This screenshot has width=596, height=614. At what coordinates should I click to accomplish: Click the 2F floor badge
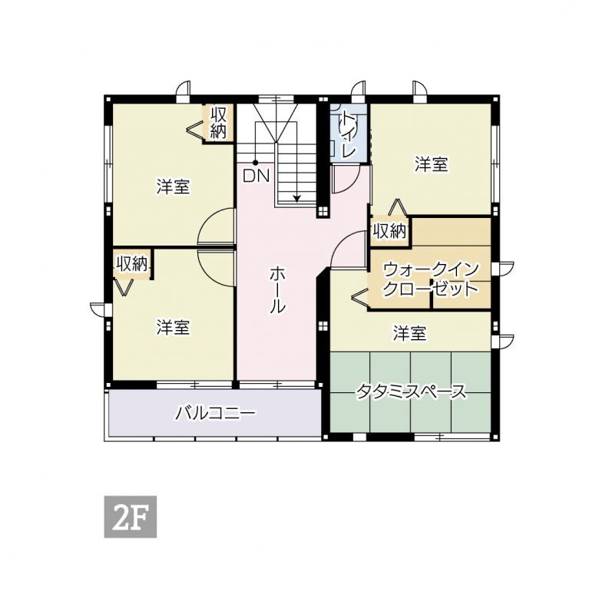tap(130, 517)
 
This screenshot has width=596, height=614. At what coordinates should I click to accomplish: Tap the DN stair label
tap(256, 176)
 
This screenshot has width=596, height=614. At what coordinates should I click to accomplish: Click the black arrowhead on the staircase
tap(296, 199)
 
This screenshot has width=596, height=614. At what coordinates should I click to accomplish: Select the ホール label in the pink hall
tap(277, 289)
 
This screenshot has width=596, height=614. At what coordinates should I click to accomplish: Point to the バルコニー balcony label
tap(216, 413)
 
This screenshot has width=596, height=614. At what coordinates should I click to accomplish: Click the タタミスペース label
tap(411, 391)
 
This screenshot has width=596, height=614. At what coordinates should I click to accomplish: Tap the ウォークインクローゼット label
tap(431, 279)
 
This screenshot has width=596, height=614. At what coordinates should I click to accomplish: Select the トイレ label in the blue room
tap(349, 134)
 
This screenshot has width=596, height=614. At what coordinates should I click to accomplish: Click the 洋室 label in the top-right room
tap(431, 164)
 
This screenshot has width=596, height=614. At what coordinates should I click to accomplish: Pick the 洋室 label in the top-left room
tap(173, 187)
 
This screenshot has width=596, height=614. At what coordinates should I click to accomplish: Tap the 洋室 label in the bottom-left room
tap(173, 328)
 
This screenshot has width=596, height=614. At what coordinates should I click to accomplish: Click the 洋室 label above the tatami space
tap(409, 333)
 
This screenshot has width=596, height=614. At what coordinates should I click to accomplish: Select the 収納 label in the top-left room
tap(219, 123)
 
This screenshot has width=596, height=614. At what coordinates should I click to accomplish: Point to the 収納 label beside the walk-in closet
tap(389, 232)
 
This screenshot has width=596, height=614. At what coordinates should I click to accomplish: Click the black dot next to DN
tap(255, 163)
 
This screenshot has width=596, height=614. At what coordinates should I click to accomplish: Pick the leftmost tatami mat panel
tap(350, 392)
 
